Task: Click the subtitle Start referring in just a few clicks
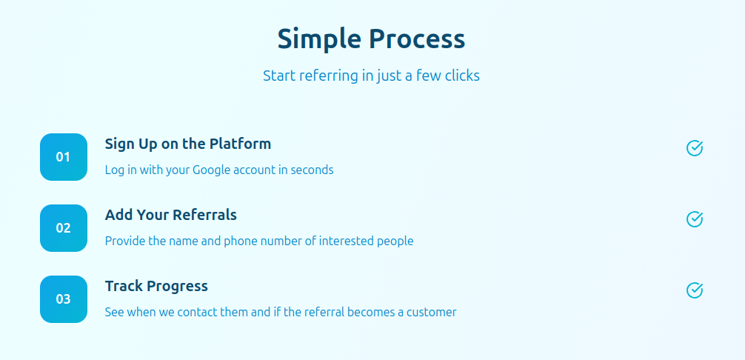point(371,76)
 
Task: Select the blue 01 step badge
point(64,157)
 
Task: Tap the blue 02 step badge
point(64,228)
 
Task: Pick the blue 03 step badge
point(64,299)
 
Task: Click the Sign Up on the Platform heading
point(188,144)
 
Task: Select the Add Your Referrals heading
point(171,215)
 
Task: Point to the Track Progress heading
point(156,286)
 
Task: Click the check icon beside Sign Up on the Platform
point(695,148)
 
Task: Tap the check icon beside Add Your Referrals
point(695,219)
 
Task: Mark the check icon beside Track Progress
point(695,290)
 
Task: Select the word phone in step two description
point(240,241)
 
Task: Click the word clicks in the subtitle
point(462,76)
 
